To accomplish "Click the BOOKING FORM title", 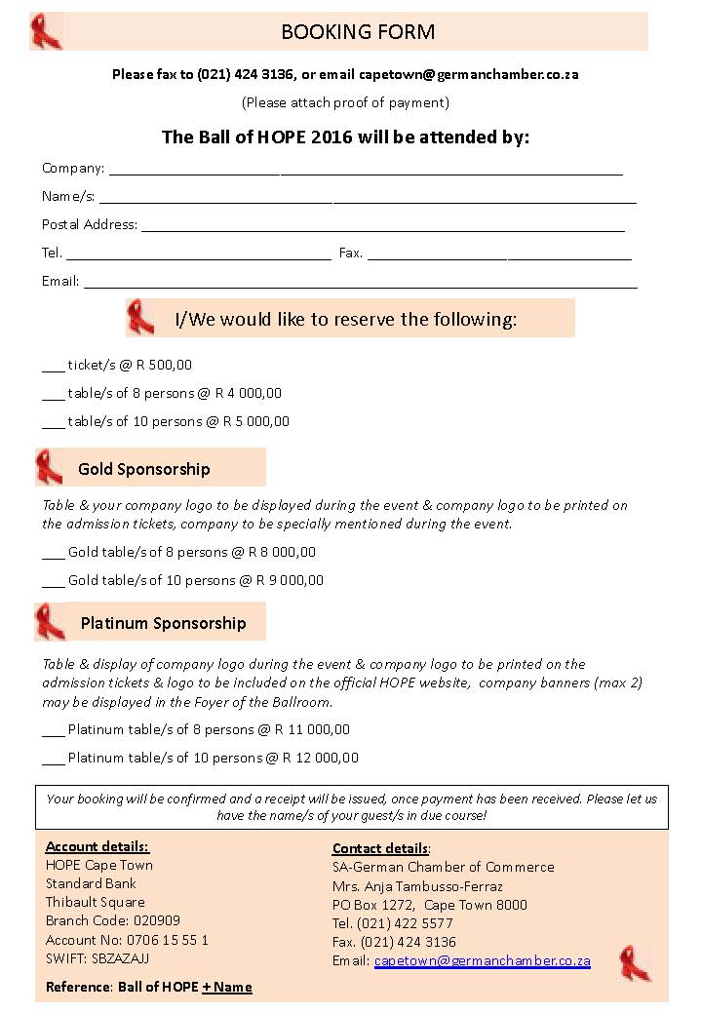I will coord(358,32).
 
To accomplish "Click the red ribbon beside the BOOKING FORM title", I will coord(46,31).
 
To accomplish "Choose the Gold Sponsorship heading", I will coord(144,469).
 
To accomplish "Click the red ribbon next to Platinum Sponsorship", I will coord(50,622).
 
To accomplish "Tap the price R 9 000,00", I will coord(290,580).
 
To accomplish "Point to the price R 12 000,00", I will coord(321,758).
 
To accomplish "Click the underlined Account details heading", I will coord(97,846).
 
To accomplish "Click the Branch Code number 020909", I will coord(157,920).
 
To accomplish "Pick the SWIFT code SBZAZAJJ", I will coord(120,958).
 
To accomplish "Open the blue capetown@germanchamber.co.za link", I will coord(483,960).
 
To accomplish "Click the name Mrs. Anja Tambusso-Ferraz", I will coord(417,886).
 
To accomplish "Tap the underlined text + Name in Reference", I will coord(227,987).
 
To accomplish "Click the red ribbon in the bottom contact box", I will coord(635,962).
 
